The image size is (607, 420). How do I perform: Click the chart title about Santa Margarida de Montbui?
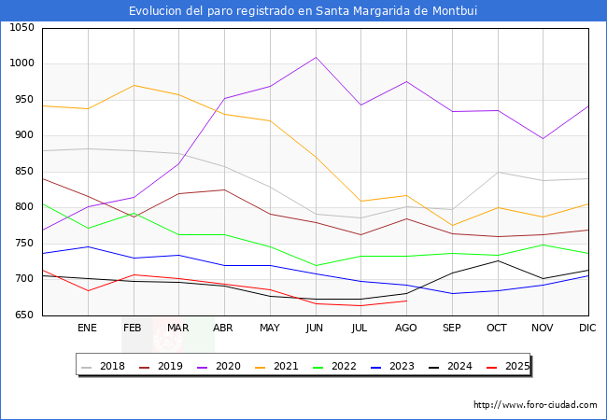point(303,10)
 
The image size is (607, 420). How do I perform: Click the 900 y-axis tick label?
point(22,135)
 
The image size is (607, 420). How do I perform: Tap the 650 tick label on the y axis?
point(22,315)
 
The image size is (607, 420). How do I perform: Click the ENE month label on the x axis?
point(87,328)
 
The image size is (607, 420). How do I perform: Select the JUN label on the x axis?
point(315,328)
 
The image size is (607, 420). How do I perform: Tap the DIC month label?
point(587,328)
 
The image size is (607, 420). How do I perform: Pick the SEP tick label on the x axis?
point(451,328)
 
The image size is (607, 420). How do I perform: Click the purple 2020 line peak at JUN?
point(316,57)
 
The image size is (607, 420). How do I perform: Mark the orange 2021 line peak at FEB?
point(134,86)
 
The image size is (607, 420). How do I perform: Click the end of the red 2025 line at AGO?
point(406,301)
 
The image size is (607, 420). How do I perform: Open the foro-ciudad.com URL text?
point(535,405)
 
